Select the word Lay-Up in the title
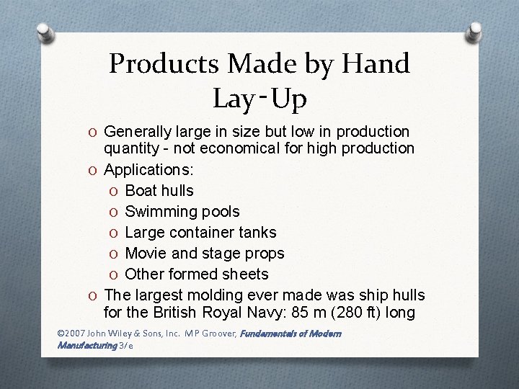coord(259,98)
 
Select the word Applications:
coord(148,169)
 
